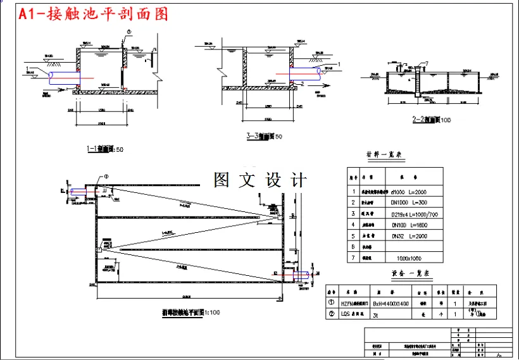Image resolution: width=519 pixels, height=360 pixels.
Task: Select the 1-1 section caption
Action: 104,149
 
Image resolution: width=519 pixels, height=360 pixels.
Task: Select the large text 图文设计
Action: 260,180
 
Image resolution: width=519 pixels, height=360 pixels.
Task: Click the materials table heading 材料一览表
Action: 384,154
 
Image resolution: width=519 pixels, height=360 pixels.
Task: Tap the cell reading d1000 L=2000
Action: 410,190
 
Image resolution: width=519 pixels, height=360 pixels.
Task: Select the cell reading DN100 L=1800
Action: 410,225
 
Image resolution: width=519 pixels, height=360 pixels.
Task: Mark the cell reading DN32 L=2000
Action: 410,236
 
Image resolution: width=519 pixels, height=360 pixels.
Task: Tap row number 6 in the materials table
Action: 354,247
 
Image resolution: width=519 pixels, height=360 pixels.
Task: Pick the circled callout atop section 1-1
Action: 129,31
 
